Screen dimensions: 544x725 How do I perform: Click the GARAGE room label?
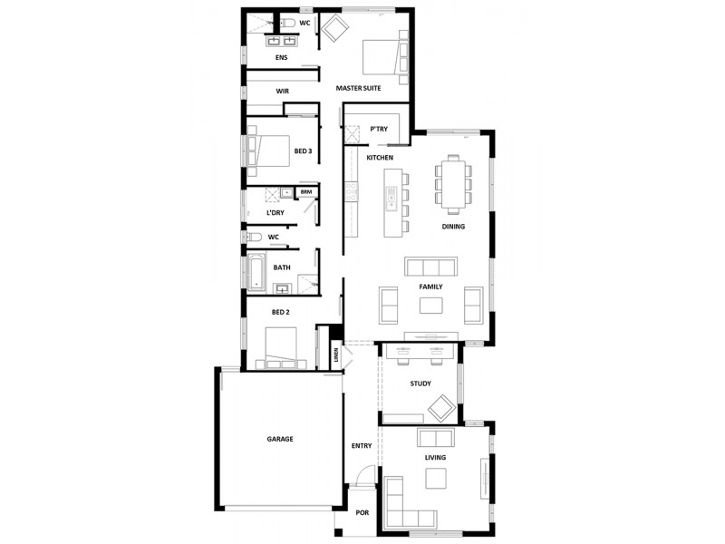click(x=280, y=439)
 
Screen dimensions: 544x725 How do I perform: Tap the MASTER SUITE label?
click(x=358, y=88)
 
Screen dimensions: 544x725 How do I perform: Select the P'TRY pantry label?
click(x=379, y=130)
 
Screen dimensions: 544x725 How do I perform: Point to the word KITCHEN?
click(x=380, y=159)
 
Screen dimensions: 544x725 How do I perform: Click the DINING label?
click(x=453, y=227)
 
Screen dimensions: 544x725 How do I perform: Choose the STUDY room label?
click(x=420, y=384)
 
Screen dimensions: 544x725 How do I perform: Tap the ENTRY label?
click(x=361, y=446)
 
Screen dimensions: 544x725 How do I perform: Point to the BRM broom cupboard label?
click(x=306, y=192)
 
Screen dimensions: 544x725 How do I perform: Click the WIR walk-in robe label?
click(x=282, y=92)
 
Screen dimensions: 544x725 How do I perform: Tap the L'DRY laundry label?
click(x=275, y=213)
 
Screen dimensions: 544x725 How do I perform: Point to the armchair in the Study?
click(x=442, y=407)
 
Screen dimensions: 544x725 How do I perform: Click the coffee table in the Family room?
click(x=430, y=305)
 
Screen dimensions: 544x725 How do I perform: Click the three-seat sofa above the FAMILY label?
click(x=430, y=267)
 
